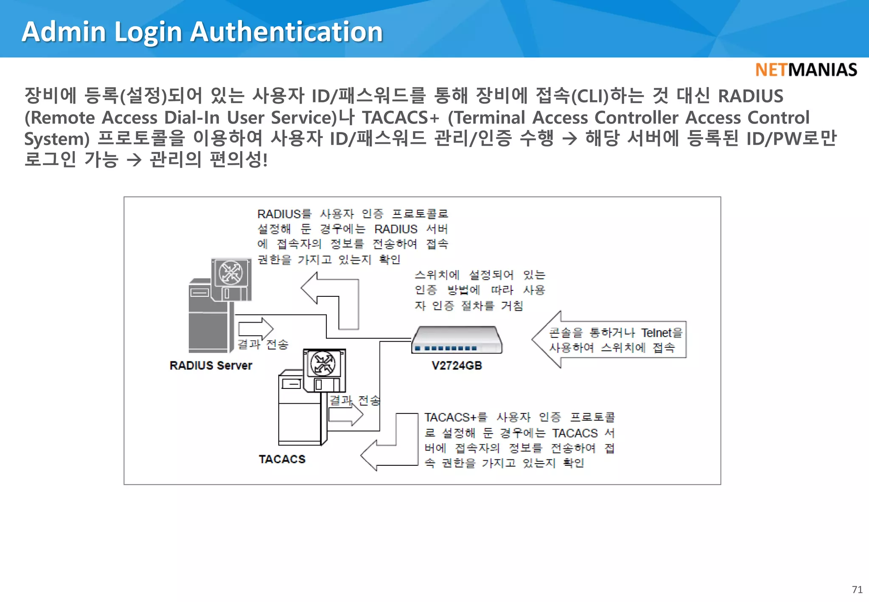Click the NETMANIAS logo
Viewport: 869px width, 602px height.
(806, 70)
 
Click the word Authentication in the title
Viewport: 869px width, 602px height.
(286, 32)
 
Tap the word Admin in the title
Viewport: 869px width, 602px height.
(64, 32)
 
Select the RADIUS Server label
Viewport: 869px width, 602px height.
(211, 366)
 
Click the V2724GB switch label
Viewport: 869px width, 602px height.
(457, 366)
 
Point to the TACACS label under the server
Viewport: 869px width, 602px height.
(282, 459)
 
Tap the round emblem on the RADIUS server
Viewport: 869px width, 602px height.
(230, 273)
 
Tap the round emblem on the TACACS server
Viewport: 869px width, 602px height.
(323, 364)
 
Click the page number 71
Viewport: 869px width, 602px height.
(857, 590)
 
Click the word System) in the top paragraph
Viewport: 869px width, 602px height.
(57, 139)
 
